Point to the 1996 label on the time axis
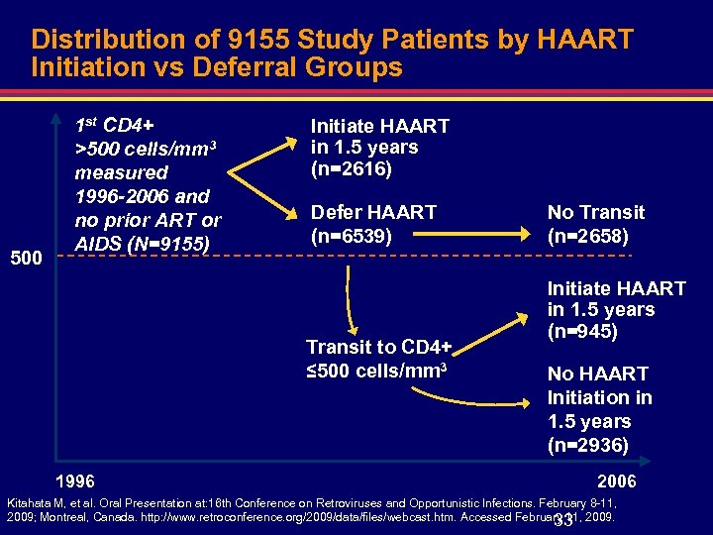click(75, 481)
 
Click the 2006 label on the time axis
click(617, 481)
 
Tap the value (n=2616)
click(352, 169)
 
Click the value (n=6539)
click(352, 236)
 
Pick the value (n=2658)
click(588, 236)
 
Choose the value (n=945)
click(582, 331)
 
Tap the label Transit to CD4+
click(378, 347)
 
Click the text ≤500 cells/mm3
click(377, 371)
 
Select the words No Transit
click(595, 212)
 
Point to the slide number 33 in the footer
click(564, 521)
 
